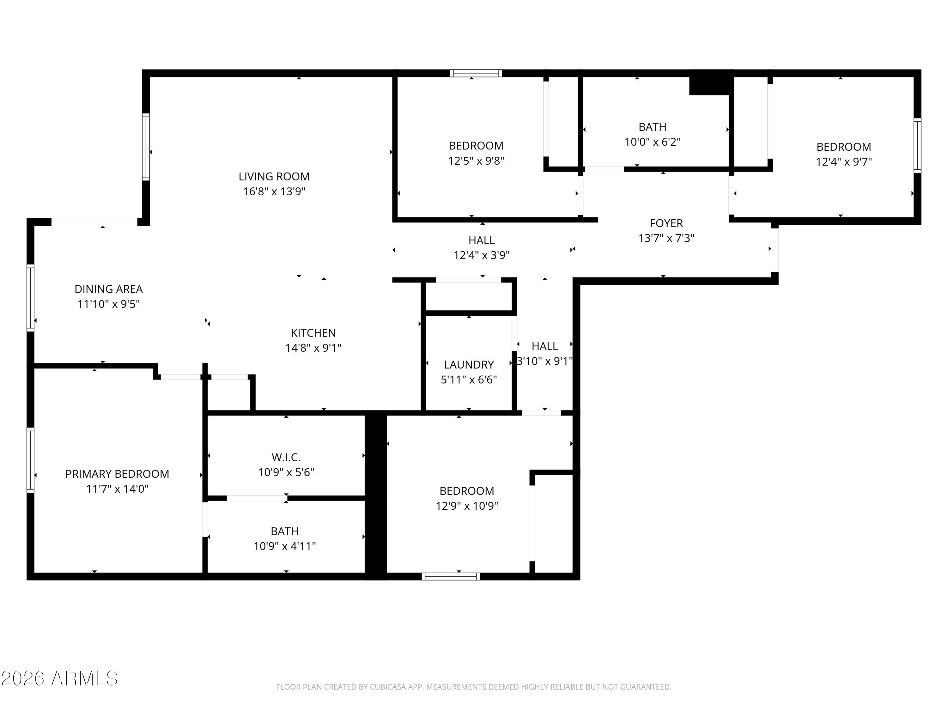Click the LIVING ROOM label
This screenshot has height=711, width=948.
point(274,177)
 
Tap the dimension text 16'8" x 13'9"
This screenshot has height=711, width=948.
point(274,191)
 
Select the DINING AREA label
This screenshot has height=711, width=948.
point(108,289)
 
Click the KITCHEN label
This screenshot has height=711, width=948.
point(313,333)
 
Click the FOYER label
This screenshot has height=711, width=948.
point(666,223)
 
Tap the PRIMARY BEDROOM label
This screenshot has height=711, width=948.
point(117,474)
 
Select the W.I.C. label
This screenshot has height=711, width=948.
point(286,457)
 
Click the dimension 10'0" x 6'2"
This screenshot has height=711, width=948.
point(652,142)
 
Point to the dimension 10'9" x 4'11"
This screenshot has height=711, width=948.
point(285,546)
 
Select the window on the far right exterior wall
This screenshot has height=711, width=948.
point(917,146)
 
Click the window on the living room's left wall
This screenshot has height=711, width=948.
point(146,147)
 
